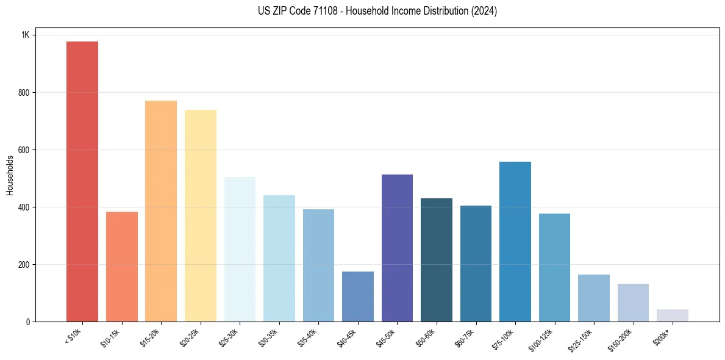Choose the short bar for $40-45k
(x=358, y=297)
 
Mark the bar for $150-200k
(x=633, y=303)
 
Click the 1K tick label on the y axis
(x=25, y=35)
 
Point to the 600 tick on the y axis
(x=23, y=150)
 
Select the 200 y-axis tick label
(x=23, y=265)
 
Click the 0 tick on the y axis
(x=27, y=322)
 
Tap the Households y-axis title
(x=10, y=175)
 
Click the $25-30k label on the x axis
(x=229, y=338)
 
